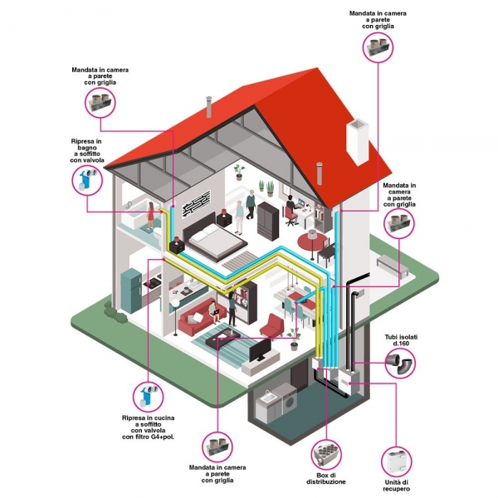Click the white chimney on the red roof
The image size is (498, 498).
[357, 141]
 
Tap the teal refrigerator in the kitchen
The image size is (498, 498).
[131, 290]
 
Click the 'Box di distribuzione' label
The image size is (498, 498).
[326, 479]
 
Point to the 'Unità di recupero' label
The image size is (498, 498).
[397, 486]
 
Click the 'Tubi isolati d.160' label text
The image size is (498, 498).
[401, 339]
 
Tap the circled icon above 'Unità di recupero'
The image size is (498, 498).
[397, 461]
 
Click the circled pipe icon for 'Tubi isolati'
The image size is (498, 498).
[400, 363]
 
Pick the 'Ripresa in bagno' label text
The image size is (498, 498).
[87, 150]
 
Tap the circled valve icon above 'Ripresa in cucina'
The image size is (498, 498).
[148, 397]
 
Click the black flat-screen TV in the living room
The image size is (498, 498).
[260, 349]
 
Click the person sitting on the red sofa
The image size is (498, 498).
[214, 311]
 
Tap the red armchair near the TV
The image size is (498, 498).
[272, 326]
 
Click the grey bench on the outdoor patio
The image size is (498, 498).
[393, 268]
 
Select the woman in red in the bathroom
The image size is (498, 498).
[150, 216]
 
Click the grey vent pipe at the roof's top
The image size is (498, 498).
[209, 106]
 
